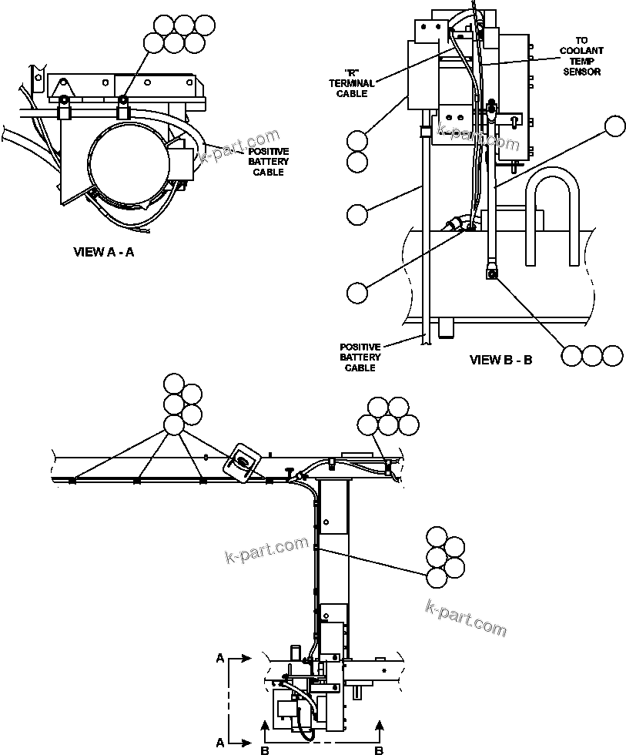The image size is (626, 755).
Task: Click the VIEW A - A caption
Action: pyautogui.click(x=103, y=252)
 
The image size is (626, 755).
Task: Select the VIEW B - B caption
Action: pyautogui.click(x=500, y=360)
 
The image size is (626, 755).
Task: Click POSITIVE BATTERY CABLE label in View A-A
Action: pyautogui.click(x=269, y=162)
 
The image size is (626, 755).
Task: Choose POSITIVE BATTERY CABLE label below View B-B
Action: pyautogui.click(x=360, y=357)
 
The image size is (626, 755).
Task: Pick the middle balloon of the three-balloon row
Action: pyautogui.click(x=591, y=355)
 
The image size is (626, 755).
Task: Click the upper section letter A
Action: pyautogui.click(x=221, y=659)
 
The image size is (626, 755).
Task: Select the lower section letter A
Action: pyautogui.click(x=221, y=743)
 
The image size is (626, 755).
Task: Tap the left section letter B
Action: pyautogui.click(x=264, y=748)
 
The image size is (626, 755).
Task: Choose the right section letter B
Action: pyautogui.click(x=378, y=748)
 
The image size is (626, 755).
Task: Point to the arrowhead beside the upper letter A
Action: pyautogui.click(x=246, y=659)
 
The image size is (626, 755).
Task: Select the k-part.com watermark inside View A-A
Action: pyautogui.click(x=239, y=149)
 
